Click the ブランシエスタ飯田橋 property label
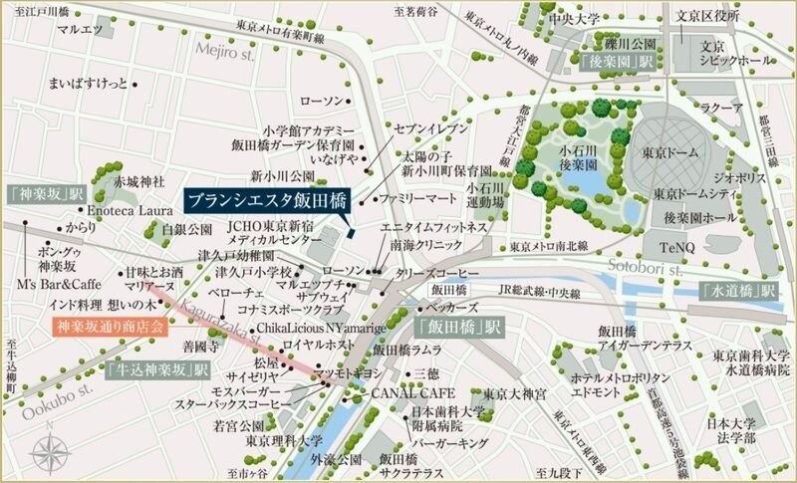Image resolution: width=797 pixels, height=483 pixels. pos(263,200)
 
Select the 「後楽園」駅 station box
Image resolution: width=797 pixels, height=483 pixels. pos(612,62)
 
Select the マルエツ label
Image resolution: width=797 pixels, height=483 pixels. pos(81,31)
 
